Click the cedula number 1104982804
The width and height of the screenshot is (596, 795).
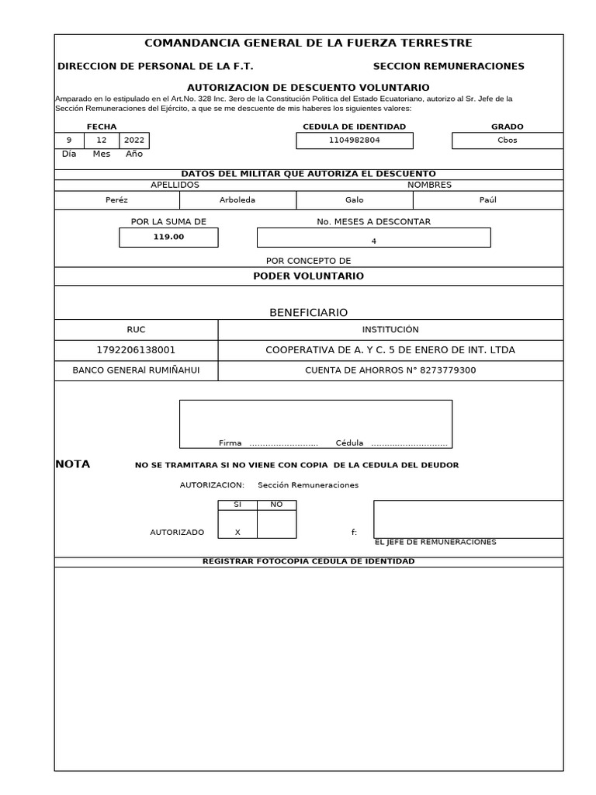355,141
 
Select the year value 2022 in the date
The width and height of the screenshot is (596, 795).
134,141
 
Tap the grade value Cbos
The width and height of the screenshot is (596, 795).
507,141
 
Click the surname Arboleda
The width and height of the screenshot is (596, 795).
237,200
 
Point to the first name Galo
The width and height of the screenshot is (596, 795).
354,200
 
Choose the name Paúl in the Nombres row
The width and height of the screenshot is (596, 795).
487,200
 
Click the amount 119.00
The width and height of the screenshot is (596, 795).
168,237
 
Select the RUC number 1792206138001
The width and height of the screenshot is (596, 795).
136,350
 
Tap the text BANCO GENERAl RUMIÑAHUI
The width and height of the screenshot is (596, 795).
136,370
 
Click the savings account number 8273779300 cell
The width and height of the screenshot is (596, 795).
390,370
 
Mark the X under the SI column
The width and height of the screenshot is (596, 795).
237,533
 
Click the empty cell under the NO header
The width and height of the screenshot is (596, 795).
276,524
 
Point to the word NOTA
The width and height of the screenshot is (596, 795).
73,464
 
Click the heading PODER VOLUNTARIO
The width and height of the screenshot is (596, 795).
308,276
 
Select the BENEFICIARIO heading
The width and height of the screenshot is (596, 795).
308,313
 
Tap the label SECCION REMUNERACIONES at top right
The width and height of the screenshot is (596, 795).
448,67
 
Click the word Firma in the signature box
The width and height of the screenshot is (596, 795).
230,443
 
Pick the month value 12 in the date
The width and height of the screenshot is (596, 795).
102,141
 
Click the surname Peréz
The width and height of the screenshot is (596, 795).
116,200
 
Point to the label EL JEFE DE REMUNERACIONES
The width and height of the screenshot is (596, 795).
435,543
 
